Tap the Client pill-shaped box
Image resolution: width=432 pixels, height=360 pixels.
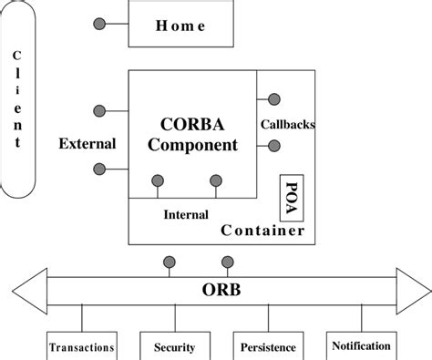(x=17, y=101)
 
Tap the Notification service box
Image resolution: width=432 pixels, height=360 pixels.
(x=362, y=346)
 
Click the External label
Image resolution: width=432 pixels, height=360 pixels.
(x=87, y=143)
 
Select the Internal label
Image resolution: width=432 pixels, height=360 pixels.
(x=186, y=215)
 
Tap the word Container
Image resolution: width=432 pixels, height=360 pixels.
(x=263, y=231)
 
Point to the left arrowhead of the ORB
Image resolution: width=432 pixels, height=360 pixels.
(x=27, y=291)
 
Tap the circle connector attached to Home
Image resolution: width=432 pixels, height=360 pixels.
(x=98, y=22)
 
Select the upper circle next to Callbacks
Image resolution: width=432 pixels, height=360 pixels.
(x=273, y=99)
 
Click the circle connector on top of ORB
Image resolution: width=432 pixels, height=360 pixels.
(x=169, y=262)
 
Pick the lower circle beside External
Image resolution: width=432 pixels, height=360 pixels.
(x=99, y=169)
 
